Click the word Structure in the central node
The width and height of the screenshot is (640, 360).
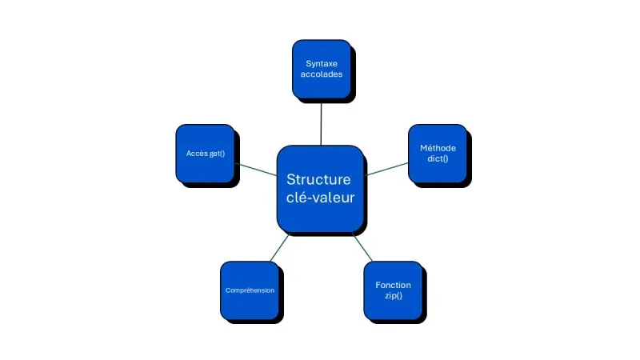[318, 179]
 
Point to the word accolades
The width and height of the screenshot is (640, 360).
[320, 75]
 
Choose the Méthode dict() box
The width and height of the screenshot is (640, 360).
[437, 153]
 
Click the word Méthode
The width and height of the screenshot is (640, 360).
[437, 148]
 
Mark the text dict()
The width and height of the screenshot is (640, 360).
[437, 158]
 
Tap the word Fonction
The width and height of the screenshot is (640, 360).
[393, 285]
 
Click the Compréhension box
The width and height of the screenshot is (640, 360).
[250, 290]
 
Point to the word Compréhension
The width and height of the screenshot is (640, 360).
[250, 290]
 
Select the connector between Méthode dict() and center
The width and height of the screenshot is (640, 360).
[387, 168]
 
